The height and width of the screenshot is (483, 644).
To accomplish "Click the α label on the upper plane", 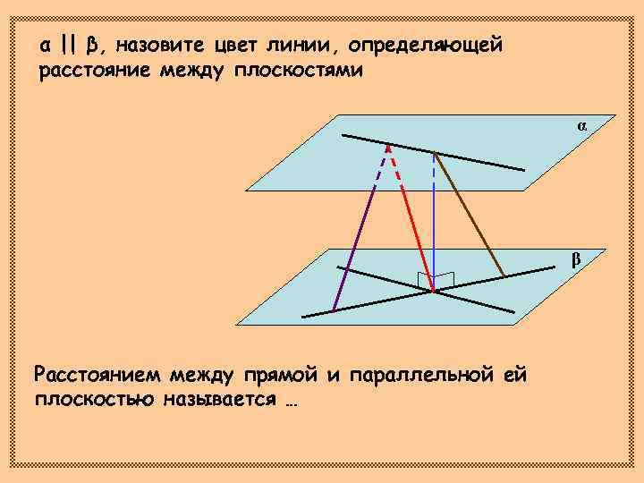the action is (x=581, y=126).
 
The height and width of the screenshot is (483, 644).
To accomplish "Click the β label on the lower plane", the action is (x=576, y=260).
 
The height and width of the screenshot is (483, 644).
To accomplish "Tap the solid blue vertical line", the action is (x=434, y=241).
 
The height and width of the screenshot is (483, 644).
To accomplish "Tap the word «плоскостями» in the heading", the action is (x=299, y=70).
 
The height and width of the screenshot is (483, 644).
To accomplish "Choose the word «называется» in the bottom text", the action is (x=219, y=398).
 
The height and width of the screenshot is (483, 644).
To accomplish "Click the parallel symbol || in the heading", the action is (x=69, y=45).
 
